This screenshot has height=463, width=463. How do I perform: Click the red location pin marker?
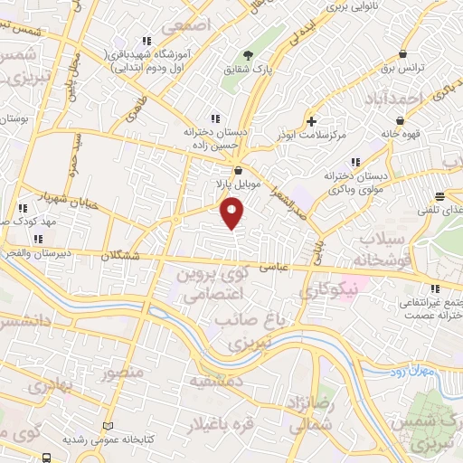click(232, 212)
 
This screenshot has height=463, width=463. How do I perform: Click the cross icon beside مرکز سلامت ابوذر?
click(311, 120)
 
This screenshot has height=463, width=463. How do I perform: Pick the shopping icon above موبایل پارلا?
click(238, 169)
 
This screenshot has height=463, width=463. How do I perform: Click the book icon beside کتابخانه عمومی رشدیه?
click(109, 426)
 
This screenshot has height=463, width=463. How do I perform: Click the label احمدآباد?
click(397, 98)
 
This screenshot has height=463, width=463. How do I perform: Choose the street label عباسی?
click(275, 267)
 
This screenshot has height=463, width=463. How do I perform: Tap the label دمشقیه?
click(214, 383)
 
